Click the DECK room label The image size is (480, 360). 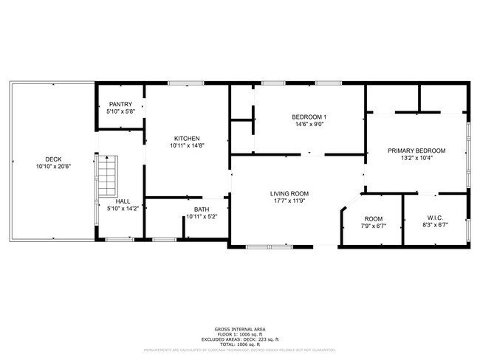tap(53, 159)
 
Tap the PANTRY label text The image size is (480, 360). tap(120, 104)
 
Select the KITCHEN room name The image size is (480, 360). tap(186, 139)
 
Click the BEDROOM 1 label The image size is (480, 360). tap(309, 117)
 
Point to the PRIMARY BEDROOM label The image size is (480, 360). tap(416, 150)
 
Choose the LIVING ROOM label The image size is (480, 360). tap(288, 193)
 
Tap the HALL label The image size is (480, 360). tap(123, 201)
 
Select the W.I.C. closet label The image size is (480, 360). tap(435, 218)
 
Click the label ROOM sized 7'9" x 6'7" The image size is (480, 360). tap(374, 219)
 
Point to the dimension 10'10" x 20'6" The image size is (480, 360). tap(53, 167)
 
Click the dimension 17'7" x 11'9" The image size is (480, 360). tap(288, 201)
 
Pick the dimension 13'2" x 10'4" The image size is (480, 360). tap(416, 158)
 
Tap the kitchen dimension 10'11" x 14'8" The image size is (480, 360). tap(186, 146)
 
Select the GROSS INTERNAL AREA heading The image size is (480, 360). tap(240, 328)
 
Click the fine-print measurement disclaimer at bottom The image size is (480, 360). tap(240, 350)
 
